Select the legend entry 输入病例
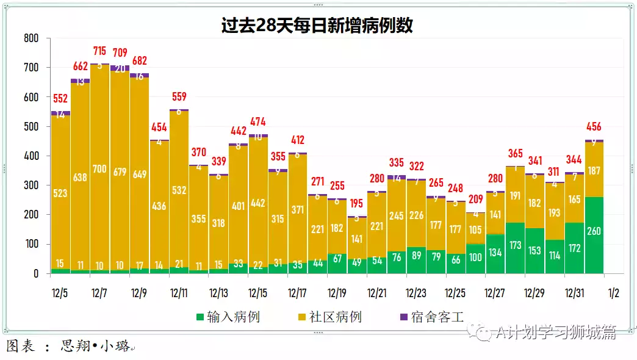(x=228, y=317)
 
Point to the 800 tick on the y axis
(x=31, y=38)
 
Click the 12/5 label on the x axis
(x=60, y=293)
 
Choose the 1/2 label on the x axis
(x=613, y=293)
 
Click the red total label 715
(x=100, y=51)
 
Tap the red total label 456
(x=594, y=127)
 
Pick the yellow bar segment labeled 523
(x=60, y=193)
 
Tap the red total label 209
(x=475, y=199)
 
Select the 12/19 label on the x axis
(x=337, y=293)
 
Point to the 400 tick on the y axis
(x=31, y=156)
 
